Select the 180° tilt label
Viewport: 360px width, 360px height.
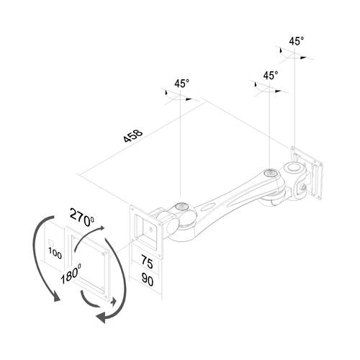[x=70, y=274]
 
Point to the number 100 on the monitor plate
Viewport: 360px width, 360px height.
[x=55, y=253]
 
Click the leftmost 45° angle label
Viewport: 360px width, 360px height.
[x=181, y=84]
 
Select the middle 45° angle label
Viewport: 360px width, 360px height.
[x=270, y=75]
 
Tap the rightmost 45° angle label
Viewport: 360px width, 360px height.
[x=295, y=41]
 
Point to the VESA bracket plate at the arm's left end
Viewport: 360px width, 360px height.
[x=147, y=227]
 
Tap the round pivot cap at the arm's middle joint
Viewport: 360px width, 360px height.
[x=270, y=174]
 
